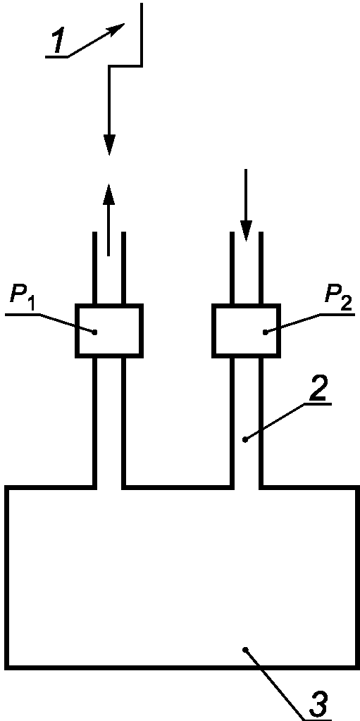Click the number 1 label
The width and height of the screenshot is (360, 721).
click(x=59, y=42)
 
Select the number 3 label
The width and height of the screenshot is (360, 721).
click(x=318, y=703)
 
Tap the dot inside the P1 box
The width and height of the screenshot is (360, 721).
click(x=95, y=332)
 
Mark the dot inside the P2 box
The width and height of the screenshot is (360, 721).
click(x=265, y=332)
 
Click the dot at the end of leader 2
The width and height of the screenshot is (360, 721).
click(x=245, y=440)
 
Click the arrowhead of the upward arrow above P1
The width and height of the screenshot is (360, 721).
click(x=108, y=194)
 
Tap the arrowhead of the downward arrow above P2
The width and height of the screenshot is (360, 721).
click(x=246, y=231)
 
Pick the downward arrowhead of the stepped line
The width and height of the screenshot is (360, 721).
click(x=109, y=145)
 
